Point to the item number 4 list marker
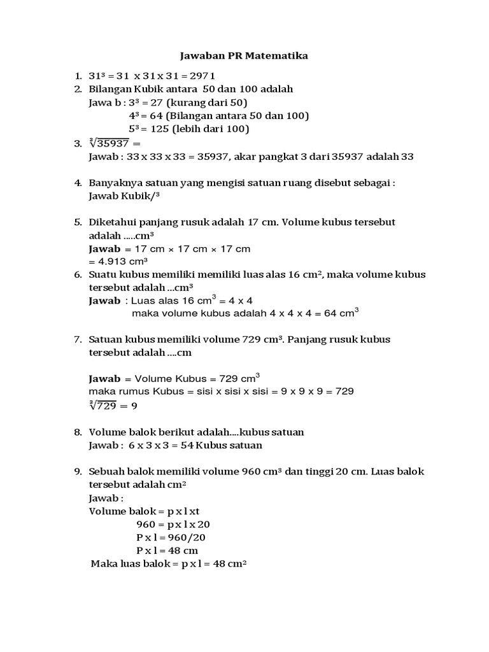pos(77,183)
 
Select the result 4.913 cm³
pos(122,261)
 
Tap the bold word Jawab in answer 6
pos(104,301)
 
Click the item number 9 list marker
pos(77,472)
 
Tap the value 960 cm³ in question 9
pos(262,472)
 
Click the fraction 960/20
pos(185,537)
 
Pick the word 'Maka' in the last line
pos(103,564)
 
